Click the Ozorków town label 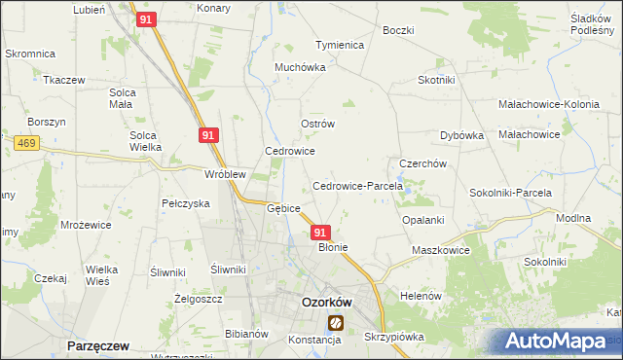click(x=326, y=302)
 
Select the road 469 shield click(x=26, y=143)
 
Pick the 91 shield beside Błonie click(x=322, y=233)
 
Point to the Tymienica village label click(x=339, y=46)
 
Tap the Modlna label click(x=573, y=219)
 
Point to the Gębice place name click(x=283, y=208)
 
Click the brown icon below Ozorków click(x=336, y=322)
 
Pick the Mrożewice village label click(x=83, y=224)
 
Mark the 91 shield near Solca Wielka click(x=208, y=136)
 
